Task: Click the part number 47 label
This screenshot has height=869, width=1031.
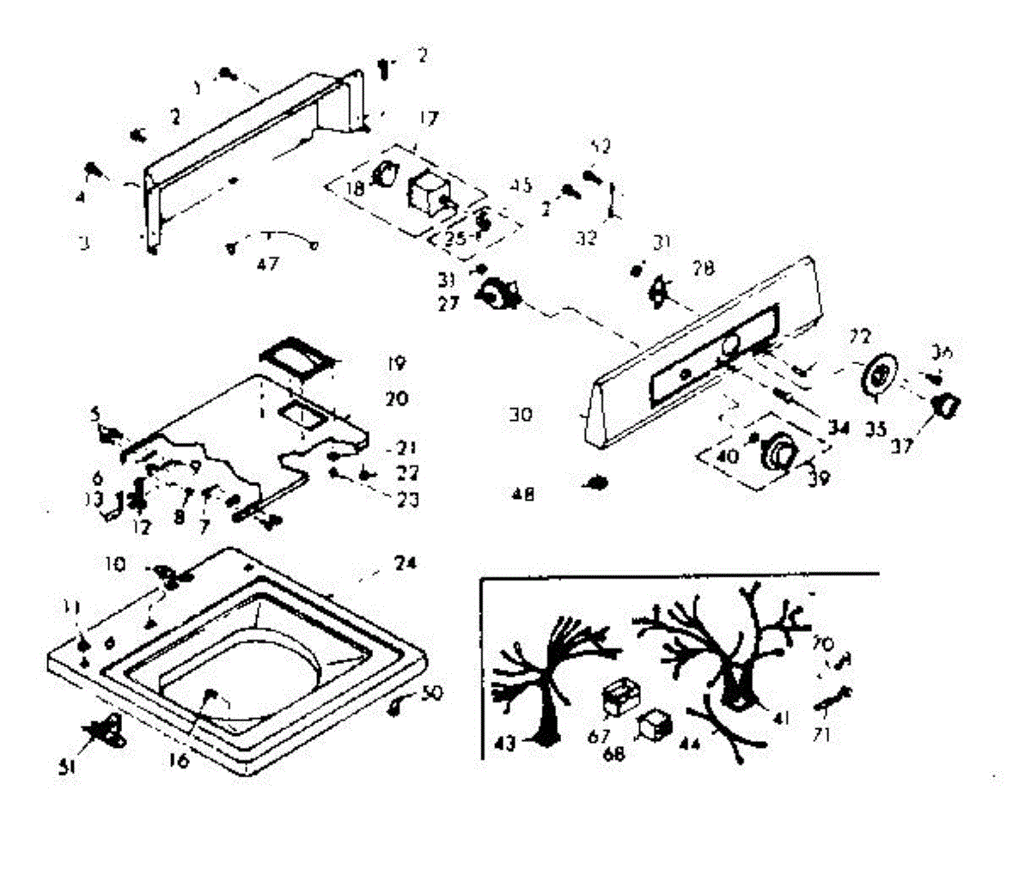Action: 268,264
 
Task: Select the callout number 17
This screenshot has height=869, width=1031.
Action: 428,118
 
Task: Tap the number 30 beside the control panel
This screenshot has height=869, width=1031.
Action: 521,415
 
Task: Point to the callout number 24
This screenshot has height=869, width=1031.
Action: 405,564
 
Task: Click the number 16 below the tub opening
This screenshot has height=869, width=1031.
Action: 179,759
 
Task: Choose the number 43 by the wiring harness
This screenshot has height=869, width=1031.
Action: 505,744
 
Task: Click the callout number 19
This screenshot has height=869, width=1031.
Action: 395,363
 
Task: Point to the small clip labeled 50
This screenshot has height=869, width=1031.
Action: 399,704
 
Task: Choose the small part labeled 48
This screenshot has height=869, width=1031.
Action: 595,485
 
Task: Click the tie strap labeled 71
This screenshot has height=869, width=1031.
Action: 832,700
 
